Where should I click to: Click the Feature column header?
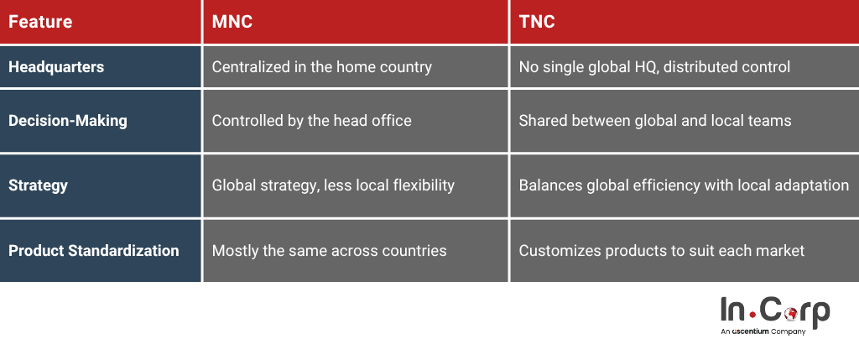(40, 22)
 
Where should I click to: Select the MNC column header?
(232, 22)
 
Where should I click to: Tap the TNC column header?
(537, 22)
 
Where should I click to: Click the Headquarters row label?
(56, 67)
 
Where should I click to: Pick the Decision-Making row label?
(68, 120)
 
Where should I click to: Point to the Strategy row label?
(38, 185)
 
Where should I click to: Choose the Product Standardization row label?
(94, 250)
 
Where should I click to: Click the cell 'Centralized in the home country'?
(321, 67)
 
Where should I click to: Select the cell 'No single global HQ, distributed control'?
(654, 67)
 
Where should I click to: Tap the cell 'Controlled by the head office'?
(311, 121)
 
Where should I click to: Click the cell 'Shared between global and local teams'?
(654, 121)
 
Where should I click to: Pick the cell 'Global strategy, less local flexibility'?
(333, 185)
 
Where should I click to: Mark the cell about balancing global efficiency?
(684, 185)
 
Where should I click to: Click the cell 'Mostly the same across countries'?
(329, 250)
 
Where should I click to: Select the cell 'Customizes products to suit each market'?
(661, 250)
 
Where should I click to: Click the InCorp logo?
(774, 314)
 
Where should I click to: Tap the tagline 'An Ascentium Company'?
(763, 331)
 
